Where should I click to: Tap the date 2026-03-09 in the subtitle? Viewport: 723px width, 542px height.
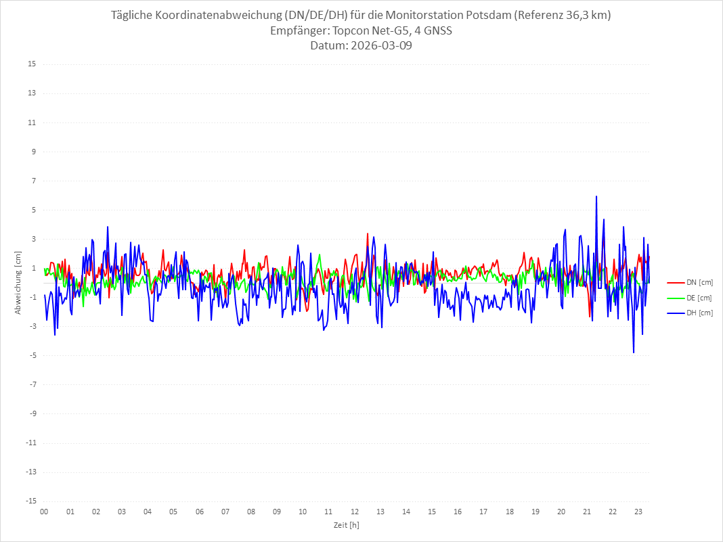(x=380, y=46)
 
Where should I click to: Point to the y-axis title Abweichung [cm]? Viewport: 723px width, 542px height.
(x=18, y=282)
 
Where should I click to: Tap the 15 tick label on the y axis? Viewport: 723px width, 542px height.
(x=32, y=64)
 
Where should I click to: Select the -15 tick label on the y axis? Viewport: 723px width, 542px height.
(x=30, y=501)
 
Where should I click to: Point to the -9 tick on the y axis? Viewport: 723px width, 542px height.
(x=32, y=413)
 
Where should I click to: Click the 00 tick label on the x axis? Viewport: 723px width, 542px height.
(x=44, y=512)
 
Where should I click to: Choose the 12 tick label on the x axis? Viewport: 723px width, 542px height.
(x=355, y=512)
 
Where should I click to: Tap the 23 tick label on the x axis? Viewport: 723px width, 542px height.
(x=638, y=512)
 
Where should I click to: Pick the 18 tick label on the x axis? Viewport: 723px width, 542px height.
(x=510, y=512)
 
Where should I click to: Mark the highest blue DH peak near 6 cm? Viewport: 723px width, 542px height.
(x=596, y=197)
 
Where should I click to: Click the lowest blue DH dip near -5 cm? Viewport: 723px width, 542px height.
(x=634, y=352)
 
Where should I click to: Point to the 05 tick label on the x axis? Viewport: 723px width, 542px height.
(x=173, y=512)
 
